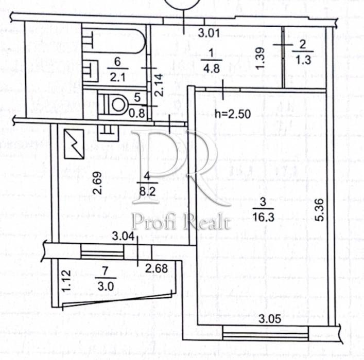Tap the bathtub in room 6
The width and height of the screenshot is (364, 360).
pyautogui.click(x=114, y=40)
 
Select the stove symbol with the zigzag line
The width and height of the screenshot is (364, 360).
pyautogui.click(x=74, y=144)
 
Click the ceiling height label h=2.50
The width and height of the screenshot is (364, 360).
pyautogui.click(x=233, y=114)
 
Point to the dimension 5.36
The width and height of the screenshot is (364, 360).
pyautogui.click(x=319, y=210)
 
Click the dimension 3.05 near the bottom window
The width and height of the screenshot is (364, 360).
pyautogui.click(x=270, y=319)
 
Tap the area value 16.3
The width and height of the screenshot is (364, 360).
pyautogui.click(x=264, y=217)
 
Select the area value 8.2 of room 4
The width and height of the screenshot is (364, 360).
pyautogui.click(x=147, y=191)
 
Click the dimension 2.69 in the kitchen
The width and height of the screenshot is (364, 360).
pyautogui.click(x=97, y=183)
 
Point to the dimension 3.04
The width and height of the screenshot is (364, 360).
pyautogui.click(x=123, y=237)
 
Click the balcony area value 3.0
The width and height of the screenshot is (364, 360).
pyautogui.click(x=106, y=286)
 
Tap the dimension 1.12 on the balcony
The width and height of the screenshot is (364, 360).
pyautogui.click(x=66, y=281)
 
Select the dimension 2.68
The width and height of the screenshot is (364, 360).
pyautogui.click(x=157, y=268)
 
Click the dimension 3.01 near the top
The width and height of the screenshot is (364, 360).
pyautogui.click(x=209, y=33)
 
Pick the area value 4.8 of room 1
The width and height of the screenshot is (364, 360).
pyautogui.click(x=211, y=69)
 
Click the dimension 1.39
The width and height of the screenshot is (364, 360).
pyautogui.click(x=260, y=58)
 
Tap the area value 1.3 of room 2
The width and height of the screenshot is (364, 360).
pyautogui.click(x=303, y=60)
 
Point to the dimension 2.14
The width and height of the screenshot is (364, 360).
pyautogui.click(x=160, y=85)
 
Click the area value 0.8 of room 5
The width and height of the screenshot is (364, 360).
pyautogui.click(x=137, y=113)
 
